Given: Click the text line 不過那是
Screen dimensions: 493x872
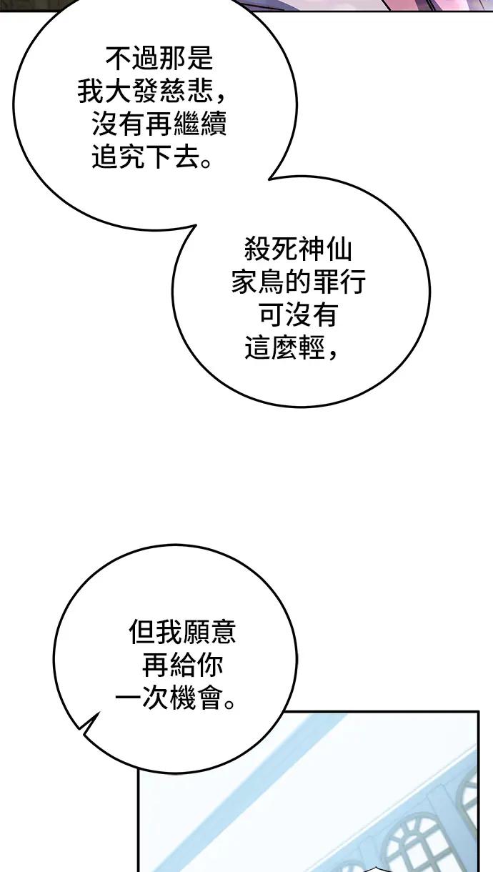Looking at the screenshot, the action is pos(159,59).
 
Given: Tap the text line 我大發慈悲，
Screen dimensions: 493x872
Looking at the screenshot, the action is pos(151,91).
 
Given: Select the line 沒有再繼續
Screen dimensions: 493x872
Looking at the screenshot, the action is pos(159,124).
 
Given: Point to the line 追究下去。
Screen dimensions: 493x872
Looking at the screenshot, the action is pos(152,157).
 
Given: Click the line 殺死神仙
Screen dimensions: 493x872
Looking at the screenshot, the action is pos(298,249).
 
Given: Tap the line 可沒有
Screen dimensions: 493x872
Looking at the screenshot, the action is pos(298,314).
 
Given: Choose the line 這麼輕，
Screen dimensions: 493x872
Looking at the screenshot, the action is pos(291,347).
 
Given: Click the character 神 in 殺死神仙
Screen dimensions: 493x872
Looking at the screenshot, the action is pos(312,249).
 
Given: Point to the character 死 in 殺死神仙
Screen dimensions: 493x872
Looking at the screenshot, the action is pos(285,249).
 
